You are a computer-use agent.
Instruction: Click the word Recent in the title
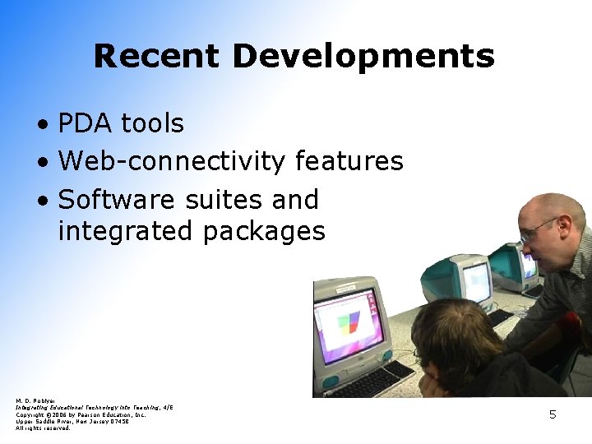point(156,57)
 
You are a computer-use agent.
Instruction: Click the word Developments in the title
point(363,57)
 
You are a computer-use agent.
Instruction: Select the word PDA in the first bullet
point(86,124)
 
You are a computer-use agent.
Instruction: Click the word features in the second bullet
point(349,161)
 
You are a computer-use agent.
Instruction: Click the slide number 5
point(553,415)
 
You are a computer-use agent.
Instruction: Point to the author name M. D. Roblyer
point(33,401)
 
